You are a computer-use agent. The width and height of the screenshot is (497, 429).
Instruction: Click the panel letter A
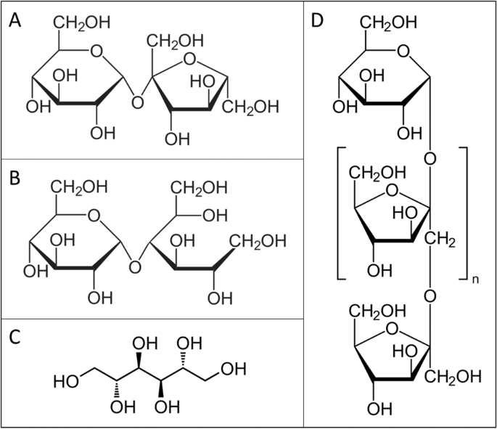(x=15, y=20)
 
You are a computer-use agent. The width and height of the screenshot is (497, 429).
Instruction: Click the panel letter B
(x=15, y=178)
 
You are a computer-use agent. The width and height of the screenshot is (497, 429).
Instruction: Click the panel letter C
(x=15, y=337)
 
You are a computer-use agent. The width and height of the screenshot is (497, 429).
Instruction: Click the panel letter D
(x=317, y=20)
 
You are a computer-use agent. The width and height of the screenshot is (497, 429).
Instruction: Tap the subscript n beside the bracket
(x=475, y=279)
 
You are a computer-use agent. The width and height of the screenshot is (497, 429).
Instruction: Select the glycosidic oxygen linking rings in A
(x=137, y=103)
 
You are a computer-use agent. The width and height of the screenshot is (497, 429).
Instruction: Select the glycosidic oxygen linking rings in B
(x=135, y=267)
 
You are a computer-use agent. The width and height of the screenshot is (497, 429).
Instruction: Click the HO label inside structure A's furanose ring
(x=202, y=81)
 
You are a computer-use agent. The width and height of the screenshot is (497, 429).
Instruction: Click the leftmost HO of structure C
(x=66, y=381)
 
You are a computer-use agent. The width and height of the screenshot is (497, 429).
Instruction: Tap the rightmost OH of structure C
(x=234, y=369)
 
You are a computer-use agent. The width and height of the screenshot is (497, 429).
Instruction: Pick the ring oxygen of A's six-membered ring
(x=96, y=51)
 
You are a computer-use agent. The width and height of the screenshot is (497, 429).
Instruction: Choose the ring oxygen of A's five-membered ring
(x=189, y=60)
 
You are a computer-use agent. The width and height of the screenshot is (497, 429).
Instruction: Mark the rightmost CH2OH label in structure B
(x=258, y=242)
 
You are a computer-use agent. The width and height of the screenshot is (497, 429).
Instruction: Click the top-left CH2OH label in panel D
(x=388, y=23)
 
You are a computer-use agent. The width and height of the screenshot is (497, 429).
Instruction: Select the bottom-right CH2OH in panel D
(x=453, y=377)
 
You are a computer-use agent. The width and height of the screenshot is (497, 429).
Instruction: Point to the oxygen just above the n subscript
(x=430, y=296)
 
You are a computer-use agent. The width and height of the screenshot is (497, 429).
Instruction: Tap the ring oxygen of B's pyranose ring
(x=94, y=216)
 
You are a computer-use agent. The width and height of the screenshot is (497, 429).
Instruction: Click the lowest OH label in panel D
(x=379, y=409)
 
